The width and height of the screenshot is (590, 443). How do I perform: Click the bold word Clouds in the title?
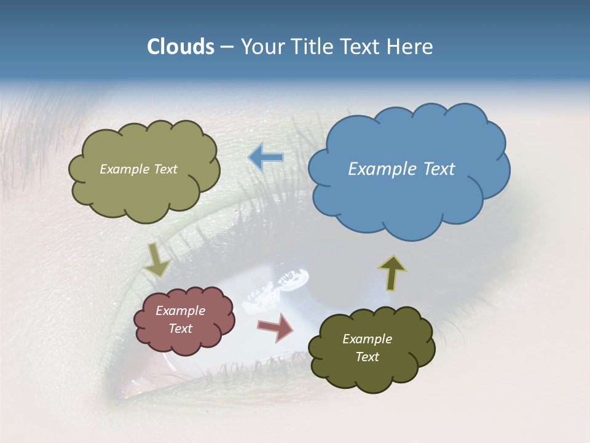[x=181, y=47]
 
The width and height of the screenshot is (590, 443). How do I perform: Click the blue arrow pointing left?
[x=265, y=158]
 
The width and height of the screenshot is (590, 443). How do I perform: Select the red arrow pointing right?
[x=275, y=327]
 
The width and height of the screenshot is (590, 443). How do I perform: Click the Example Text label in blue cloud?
[x=401, y=169]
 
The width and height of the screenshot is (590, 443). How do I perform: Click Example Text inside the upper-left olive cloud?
[x=138, y=169]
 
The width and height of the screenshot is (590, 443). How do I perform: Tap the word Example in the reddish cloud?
[x=180, y=311]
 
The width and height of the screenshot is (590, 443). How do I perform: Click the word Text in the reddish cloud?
[x=180, y=329]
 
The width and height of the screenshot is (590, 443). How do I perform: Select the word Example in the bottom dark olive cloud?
[x=367, y=339]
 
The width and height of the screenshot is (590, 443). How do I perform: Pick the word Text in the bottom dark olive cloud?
[x=367, y=357]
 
